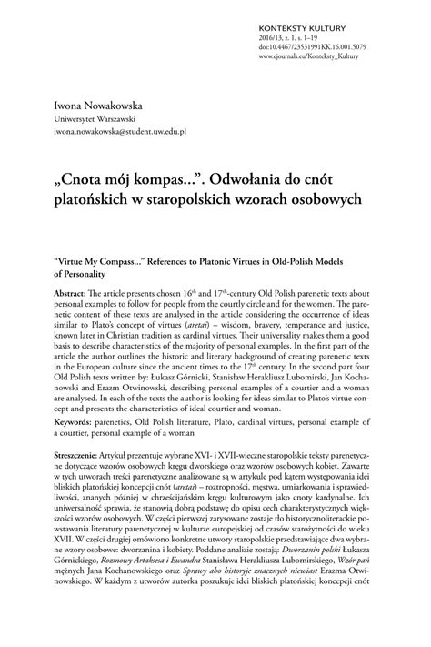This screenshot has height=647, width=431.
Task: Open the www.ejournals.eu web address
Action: click(356, 47)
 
